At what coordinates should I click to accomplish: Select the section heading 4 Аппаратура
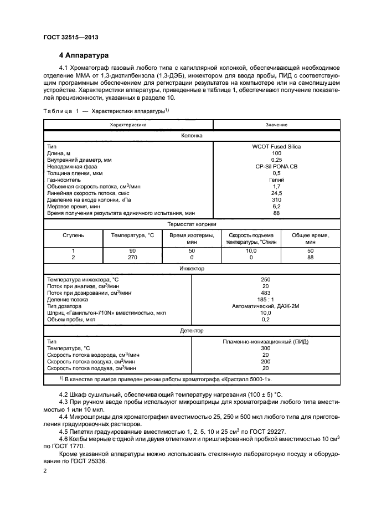pyautogui.click(x=84, y=56)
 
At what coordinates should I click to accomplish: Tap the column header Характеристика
pyautogui.click(x=128, y=125)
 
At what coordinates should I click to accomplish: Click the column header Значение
pyautogui.click(x=276, y=125)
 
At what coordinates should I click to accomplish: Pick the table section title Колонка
pyautogui.click(x=192, y=135)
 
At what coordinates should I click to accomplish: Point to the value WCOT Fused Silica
pyautogui.click(x=276, y=146)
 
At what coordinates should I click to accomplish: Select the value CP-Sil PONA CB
pyautogui.click(x=276, y=166)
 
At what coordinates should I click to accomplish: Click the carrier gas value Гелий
pyautogui.click(x=276, y=179)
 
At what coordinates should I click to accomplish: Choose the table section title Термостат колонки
pyautogui.click(x=192, y=224)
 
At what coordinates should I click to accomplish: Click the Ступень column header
pyautogui.click(x=73, y=235)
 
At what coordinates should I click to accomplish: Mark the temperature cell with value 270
pyautogui.click(x=132, y=258)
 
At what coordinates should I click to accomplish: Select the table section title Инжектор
pyautogui.click(x=192, y=268)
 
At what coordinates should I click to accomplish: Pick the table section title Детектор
pyautogui.click(x=192, y=330)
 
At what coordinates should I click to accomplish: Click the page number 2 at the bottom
pyautogui.click(x=45, y=471)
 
